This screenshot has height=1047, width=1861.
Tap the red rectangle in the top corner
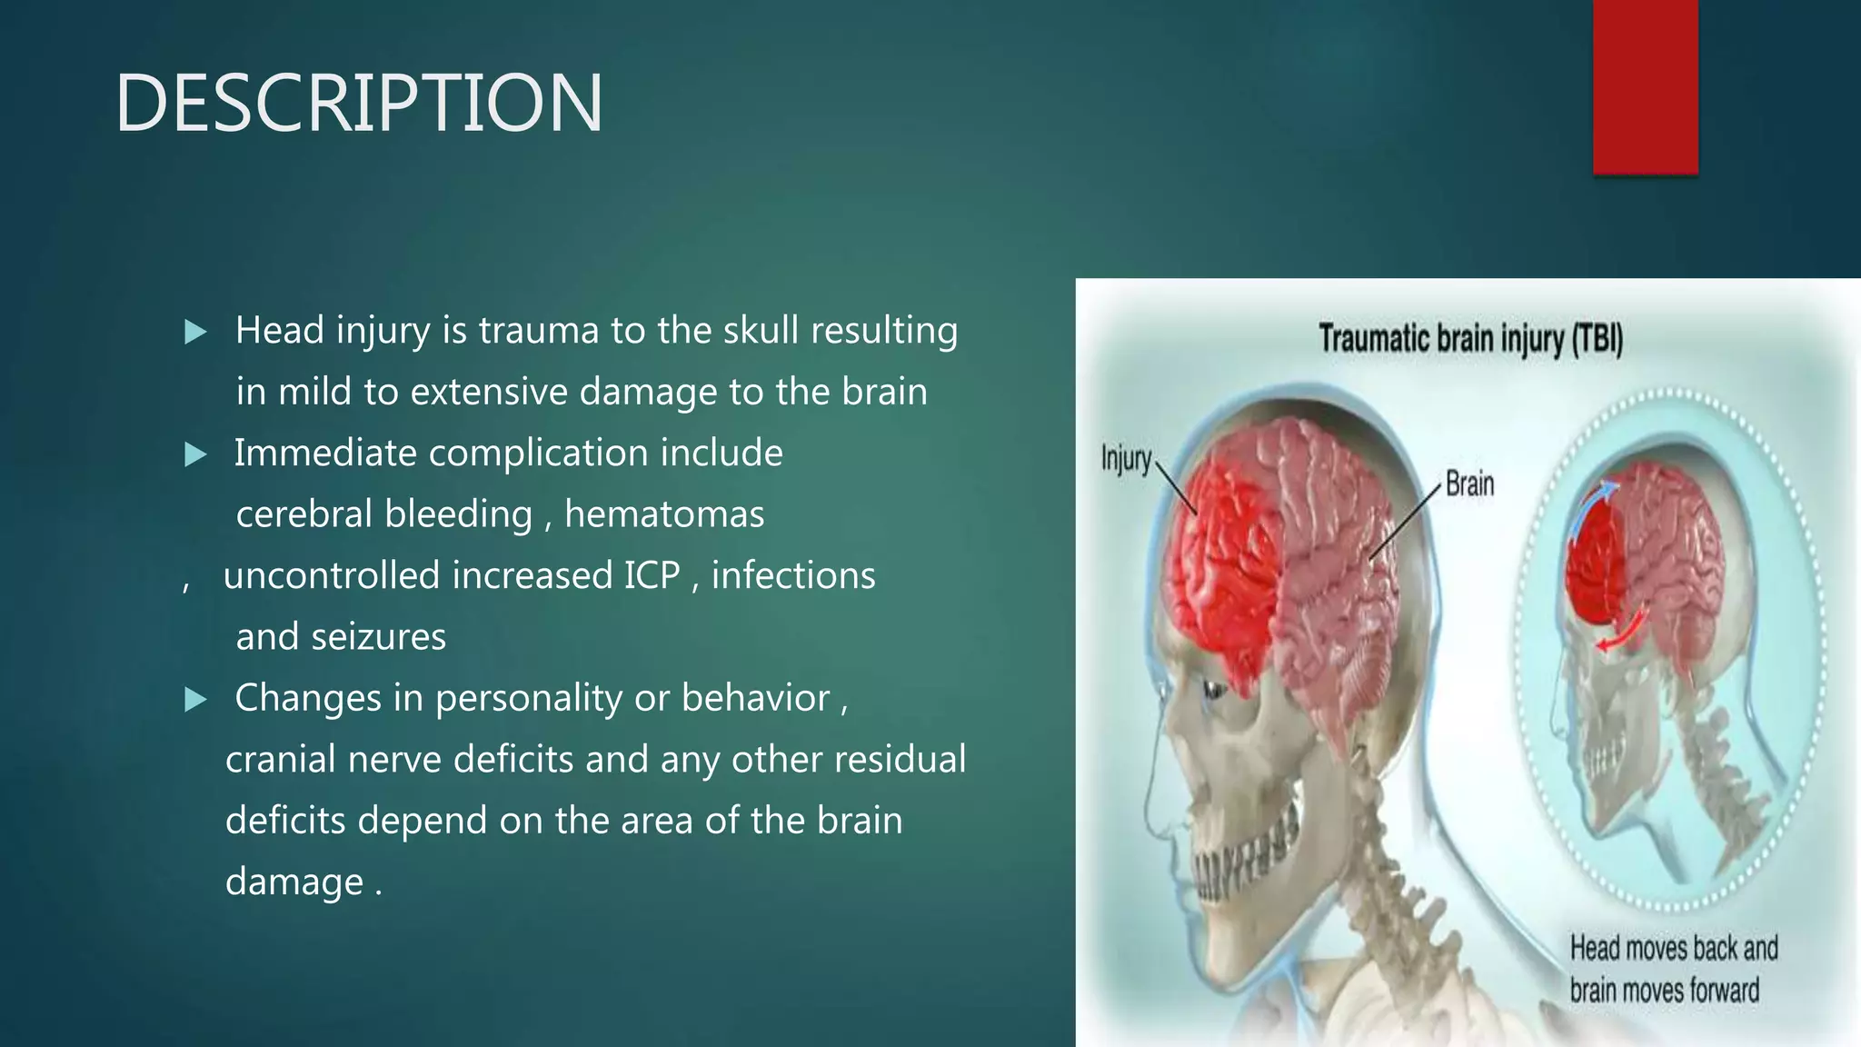[1645, 86]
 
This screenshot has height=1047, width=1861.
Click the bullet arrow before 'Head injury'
[195, 332]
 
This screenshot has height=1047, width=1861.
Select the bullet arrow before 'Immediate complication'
[195, 454]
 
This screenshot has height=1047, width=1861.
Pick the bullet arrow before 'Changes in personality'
[195, 700]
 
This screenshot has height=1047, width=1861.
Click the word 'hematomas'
[664, 514]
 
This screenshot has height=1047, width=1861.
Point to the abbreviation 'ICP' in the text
[652, 575]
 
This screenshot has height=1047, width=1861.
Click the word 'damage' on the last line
[294, 882]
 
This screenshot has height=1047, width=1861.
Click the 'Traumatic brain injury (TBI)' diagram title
[1470, 339]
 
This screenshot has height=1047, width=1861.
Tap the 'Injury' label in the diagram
[1126, 459]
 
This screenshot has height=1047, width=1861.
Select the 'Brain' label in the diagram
[1469, 484]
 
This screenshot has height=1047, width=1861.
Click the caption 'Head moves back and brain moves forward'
[1672, 969]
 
